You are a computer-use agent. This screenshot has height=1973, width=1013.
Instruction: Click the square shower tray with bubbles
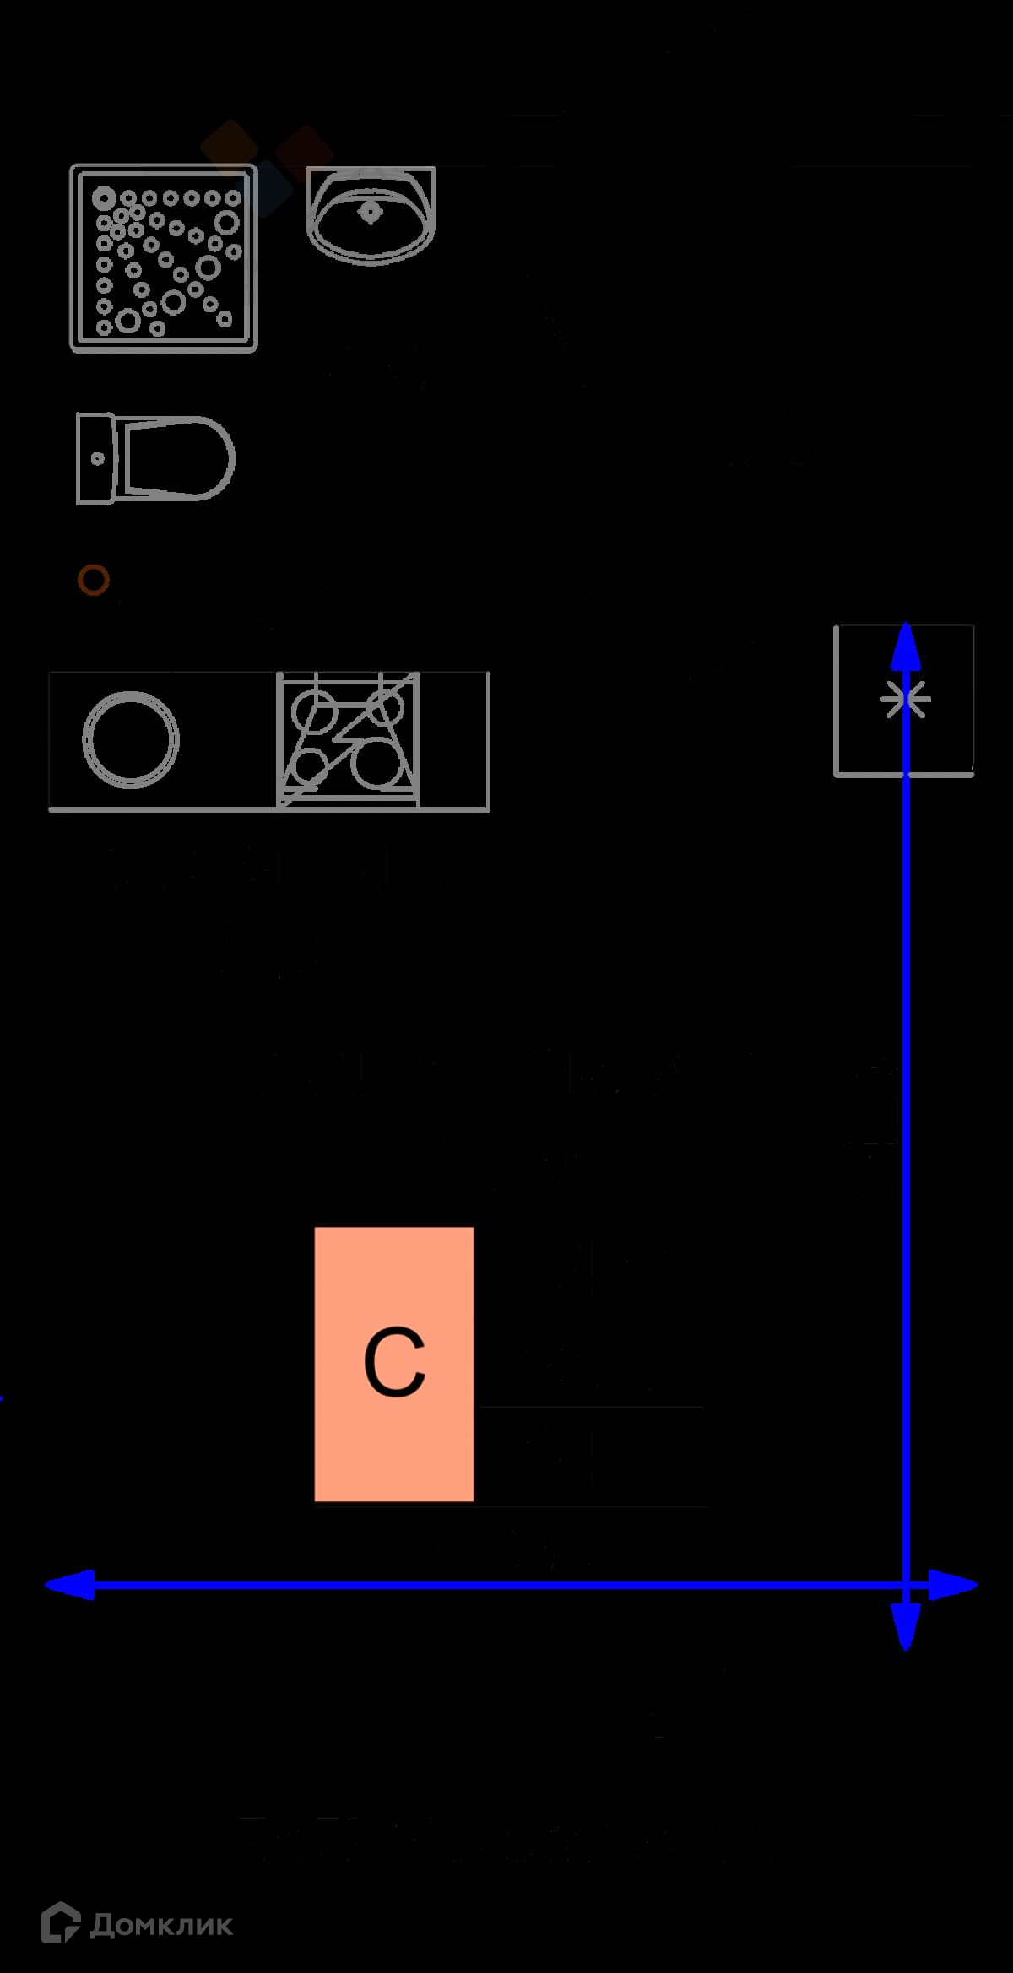pyautogui.click(x=164, y=258)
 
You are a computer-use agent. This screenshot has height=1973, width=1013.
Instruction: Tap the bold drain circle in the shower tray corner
pyautogui.click(x=105, y=199)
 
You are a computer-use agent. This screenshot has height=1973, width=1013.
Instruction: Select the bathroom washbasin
pyautogui.click(x=371, y=215)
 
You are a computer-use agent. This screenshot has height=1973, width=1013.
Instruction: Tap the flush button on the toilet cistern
pyautogui.click(x=97, y=459)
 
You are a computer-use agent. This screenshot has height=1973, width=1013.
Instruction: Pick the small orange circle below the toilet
pyautogui.click(x=93, y=580)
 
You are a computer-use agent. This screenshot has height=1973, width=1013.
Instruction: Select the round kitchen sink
pyautogui.click(x=131, y=739)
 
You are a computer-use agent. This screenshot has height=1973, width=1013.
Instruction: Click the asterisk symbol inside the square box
pyautogui.click(x=905, y=699)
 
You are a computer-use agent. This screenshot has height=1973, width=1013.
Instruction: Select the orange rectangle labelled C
pyautogui.click(x=393, y=1364)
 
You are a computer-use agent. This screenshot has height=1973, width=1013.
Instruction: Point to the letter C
pyautogui.click(x=393, y=1362)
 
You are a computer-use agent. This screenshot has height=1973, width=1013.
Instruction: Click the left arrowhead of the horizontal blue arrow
pyautogui.click(x=68, y=1585)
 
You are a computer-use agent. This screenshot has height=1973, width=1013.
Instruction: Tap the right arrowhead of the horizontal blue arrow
pyautogui.click(x=954, y=1585)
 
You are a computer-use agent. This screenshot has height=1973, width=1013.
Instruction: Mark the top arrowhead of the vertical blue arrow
pyautogui.click(x=905, y=648)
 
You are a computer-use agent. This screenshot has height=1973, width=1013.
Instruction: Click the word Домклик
pyautogui.click(x=160, y=1925)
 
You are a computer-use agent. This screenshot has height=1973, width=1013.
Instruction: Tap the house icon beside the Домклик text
pyautogui.click(x=61, y=1922)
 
